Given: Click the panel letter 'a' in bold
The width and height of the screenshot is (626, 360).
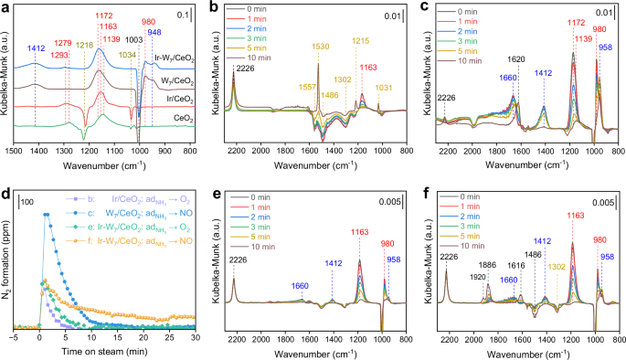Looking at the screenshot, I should (x=6, y=7).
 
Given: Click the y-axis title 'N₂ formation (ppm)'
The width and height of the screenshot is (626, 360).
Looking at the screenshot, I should (x=6, y=259).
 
